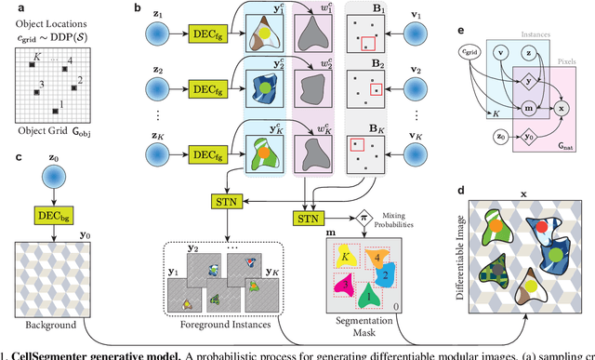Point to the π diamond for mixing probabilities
(x=364, y=217)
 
